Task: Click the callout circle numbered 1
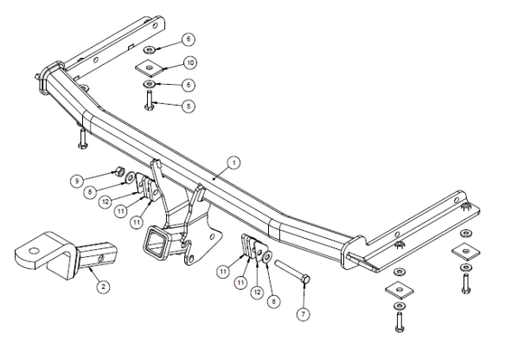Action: [233, 163]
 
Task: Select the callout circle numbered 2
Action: [104, 286]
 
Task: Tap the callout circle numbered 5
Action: [189, 106]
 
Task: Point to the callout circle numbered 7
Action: [304, 314]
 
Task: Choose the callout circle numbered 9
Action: [77, 181]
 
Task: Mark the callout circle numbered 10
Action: [190, 63]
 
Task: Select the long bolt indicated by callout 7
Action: [292, 271]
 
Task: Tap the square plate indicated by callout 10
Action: [150, 67]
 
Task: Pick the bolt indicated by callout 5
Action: [149, 100]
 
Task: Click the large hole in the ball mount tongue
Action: [34, 251]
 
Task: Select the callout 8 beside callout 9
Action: [90, 192]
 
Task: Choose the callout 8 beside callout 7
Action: [273, 301]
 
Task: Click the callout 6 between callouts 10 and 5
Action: [189, 85]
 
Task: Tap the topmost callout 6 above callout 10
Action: [189, 39]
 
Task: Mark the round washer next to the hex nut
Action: [130, 178]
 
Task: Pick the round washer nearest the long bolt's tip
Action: [267, 256]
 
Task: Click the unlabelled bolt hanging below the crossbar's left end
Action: [82, 138]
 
